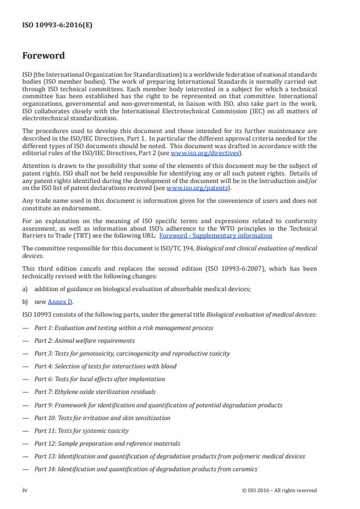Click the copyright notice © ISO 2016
279,490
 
